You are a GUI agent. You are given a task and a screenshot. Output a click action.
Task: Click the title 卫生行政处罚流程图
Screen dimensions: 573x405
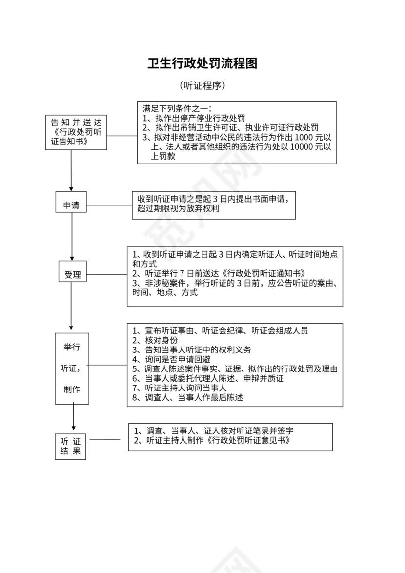click(x=202, y=63)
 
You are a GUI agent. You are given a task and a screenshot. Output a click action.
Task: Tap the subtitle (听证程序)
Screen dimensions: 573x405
click(x=202, y=86)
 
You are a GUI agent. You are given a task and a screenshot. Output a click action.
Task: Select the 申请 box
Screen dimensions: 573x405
click(x=71, y=205)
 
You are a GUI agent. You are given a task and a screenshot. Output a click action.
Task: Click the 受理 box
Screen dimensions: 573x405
click(x=73, y=275)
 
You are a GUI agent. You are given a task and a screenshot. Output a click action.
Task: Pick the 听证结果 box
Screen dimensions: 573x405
click(x=70, y=446)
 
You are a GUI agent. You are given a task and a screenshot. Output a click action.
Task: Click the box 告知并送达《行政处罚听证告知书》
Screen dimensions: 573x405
click(x=76, y=132)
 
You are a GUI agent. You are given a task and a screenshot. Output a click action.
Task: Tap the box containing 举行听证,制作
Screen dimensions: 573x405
click(x=72, y=368)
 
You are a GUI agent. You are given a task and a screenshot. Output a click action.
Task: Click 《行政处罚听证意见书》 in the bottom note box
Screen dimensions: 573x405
click(x=249, y=441)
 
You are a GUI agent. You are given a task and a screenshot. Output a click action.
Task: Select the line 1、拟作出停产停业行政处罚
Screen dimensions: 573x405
click(x=193, y=118)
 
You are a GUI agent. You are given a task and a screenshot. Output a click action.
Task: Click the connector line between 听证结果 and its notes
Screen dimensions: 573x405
click(x=104, y=439)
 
